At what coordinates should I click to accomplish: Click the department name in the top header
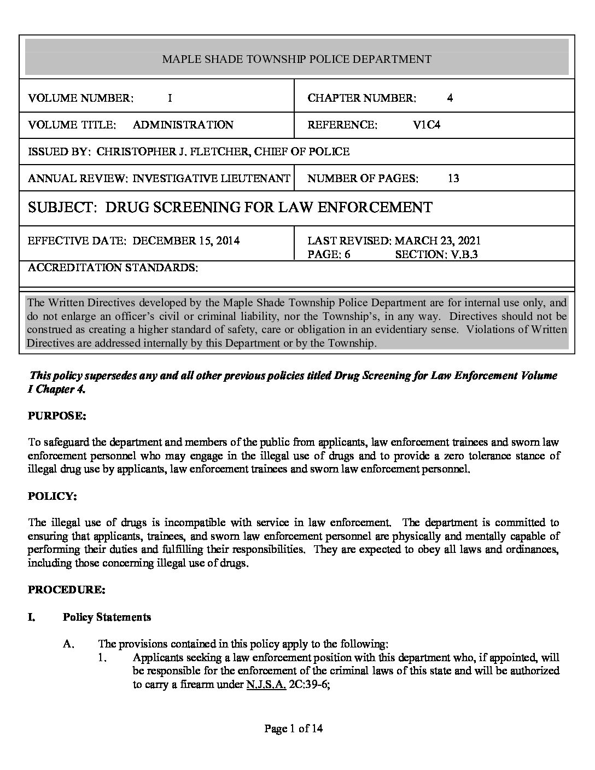point(296,59)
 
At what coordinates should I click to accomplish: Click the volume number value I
point(170,98)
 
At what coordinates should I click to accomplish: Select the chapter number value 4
point(450,98)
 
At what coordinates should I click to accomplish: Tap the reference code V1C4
point(427,125)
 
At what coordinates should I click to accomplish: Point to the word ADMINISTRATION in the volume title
point(183,125)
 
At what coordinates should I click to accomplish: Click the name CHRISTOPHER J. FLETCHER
point(173,151)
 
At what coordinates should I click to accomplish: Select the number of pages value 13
point(453,178)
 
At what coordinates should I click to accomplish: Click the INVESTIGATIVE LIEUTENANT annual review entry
point(211,178)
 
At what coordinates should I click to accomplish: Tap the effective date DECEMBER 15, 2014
point(186,241)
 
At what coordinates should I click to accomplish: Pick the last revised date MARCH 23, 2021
point(437,241)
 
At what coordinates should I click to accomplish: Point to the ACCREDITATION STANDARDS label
point(113,267)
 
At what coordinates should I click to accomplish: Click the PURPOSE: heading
point(57,416)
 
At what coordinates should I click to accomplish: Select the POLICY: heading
point(52,496)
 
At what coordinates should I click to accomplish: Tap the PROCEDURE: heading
point(66,590)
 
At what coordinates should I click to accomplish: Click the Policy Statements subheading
point(107,617)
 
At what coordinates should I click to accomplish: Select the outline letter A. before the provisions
point(68,644)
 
